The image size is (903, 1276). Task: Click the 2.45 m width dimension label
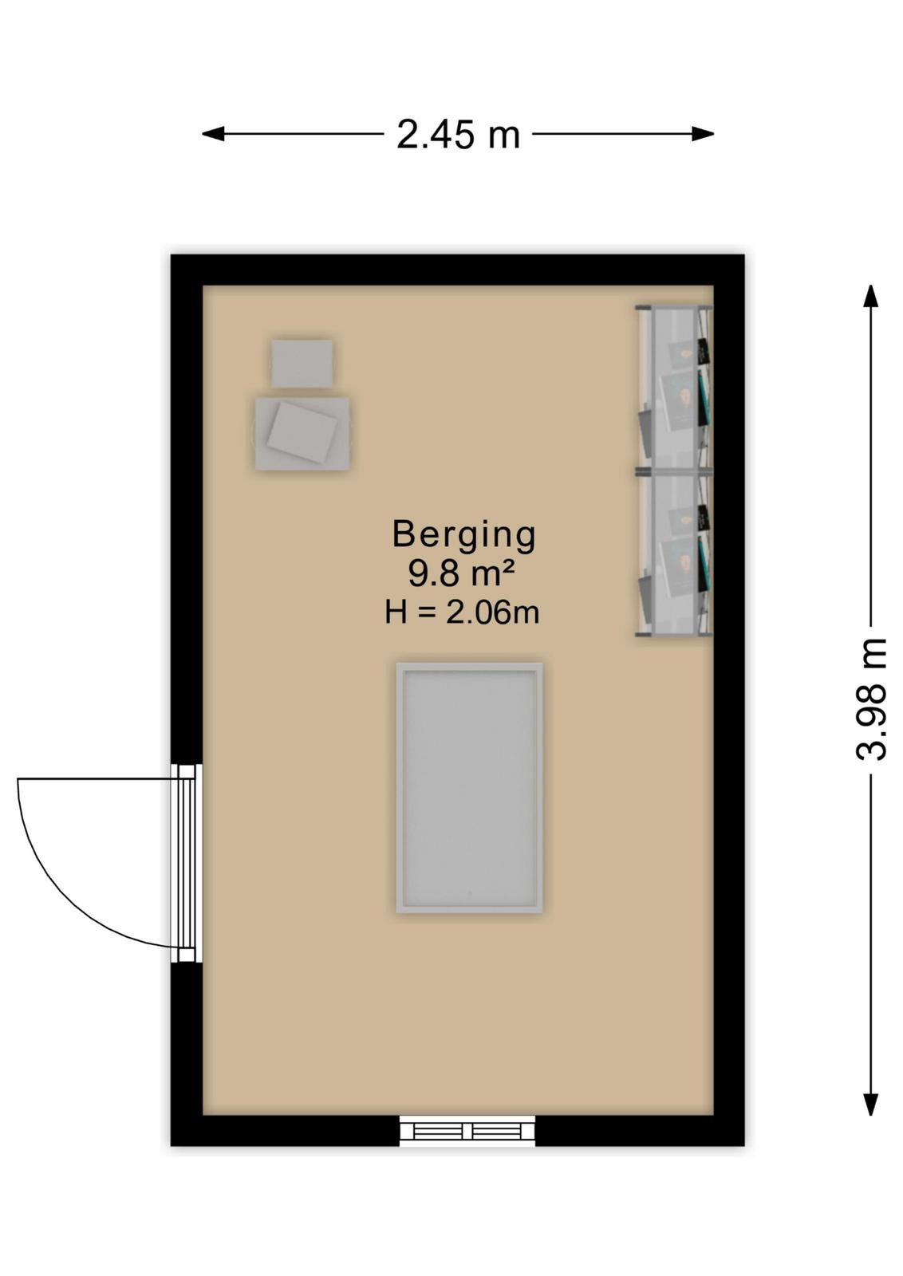458,136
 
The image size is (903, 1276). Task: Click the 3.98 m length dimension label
871,699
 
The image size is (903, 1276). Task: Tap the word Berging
464,535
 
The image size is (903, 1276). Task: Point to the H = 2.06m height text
462,613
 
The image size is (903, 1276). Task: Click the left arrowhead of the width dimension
213,135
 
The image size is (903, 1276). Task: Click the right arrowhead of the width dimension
703,135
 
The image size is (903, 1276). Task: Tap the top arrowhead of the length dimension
870,296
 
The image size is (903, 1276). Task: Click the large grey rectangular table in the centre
469,788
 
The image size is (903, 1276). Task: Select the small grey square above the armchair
302,363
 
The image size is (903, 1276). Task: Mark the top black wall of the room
457,270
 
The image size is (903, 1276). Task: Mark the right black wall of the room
729,700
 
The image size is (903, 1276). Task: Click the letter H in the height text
396,613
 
